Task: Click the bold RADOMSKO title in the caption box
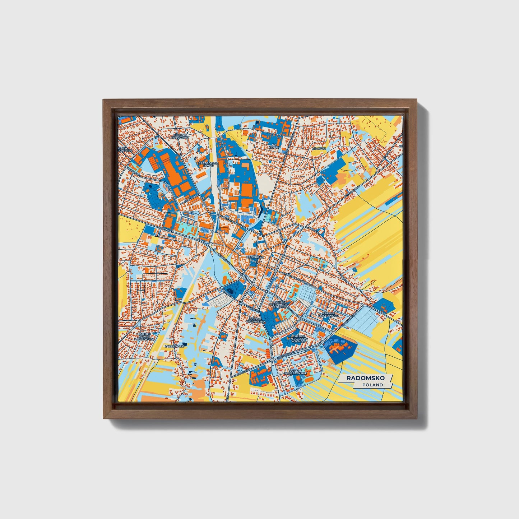tap(365, 378)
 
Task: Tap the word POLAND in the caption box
tap(372, 385)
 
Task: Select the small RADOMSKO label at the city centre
tap(255, 258)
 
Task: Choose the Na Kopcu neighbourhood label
tap(276, 145)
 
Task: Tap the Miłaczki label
tap(318, 148)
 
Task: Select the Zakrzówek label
tap(175, 346)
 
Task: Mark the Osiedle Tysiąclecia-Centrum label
tap(279, 305)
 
